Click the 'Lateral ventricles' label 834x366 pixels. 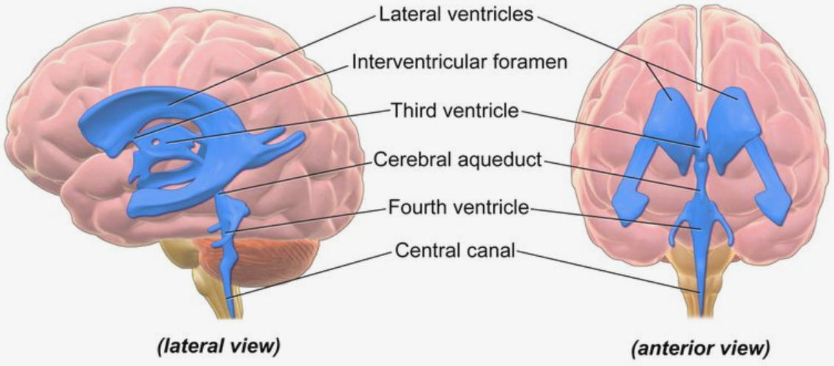click(x=456, y=14)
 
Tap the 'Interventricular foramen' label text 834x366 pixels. click(x=460, y=62)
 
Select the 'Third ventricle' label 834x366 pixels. click(x=454, y=111)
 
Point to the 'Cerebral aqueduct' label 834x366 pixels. click(x=457, y=159)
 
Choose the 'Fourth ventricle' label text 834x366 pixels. click(x=459, y=207)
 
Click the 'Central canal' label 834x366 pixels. click(x=455, y=250)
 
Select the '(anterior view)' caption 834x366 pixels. click(x=700, y=348)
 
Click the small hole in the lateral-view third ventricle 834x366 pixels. click(x=157, y=142)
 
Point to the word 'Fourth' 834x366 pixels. click(x=414, y=207)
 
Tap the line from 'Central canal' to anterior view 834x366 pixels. click(x=609, y=272)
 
